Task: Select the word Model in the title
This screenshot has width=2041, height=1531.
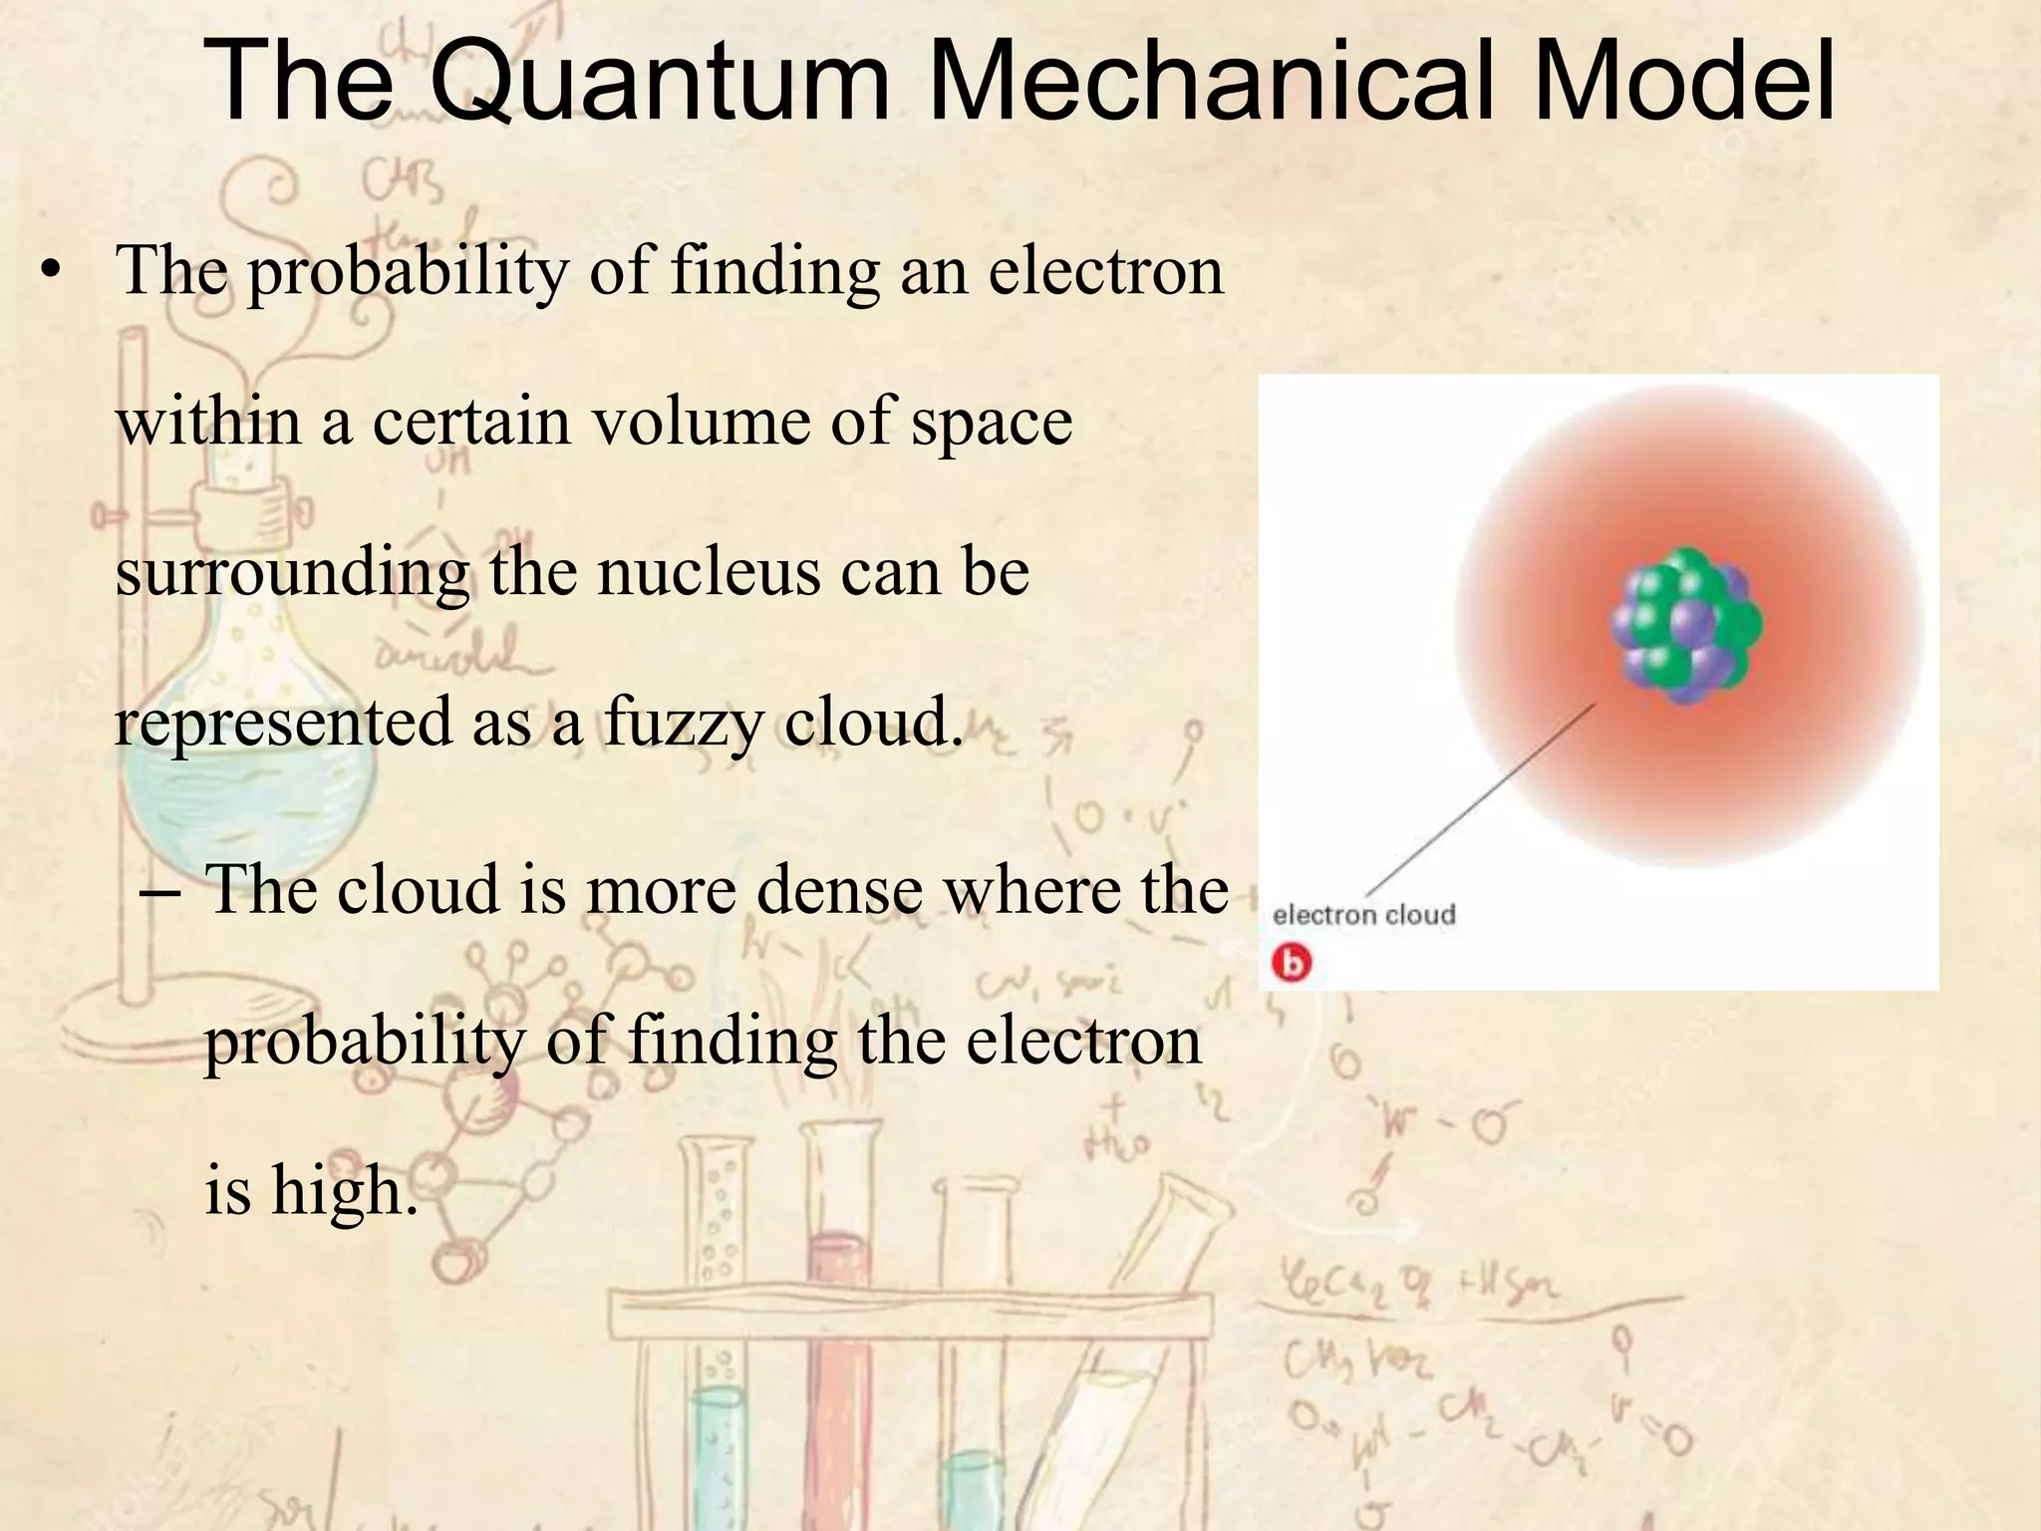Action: [x=1683, y=80]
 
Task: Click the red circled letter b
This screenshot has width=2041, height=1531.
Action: [x=1292, y=963]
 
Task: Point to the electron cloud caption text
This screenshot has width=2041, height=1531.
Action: [x=1363, y=915]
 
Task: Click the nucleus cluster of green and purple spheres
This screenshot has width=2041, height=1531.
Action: [x=1686, y=626]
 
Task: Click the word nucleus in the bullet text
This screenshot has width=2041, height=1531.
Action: [x=708, y=572]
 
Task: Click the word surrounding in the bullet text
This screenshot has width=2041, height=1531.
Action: [x=292, y=574]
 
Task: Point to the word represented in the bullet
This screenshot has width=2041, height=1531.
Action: [x=282, y=724]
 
